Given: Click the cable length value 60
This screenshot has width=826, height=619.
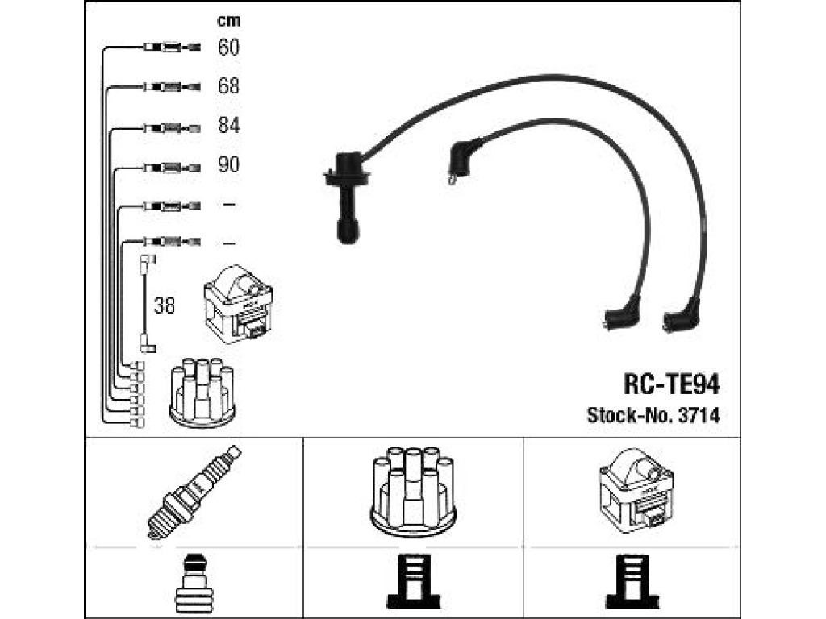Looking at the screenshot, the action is coord(228,48).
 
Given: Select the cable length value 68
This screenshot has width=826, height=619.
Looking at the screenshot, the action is coord(228,85).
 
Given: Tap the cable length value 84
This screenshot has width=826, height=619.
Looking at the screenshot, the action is coord(228,125).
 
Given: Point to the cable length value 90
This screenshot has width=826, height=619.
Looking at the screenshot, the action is coord(228,164).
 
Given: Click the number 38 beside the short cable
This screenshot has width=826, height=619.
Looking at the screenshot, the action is coord(165,305).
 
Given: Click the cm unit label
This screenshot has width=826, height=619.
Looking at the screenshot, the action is coord(228,20).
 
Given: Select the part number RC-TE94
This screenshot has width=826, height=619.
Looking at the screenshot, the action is coord(672,384).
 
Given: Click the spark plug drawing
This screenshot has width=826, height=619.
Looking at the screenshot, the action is coord(194,492).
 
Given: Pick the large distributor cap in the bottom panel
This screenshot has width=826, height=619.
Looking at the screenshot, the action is coord(414,492).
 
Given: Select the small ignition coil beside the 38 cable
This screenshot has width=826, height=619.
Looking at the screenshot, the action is coord(238,304).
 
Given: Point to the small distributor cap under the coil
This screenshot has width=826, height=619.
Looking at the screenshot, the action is coord(202,392).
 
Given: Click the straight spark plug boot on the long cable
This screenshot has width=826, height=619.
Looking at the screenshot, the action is coord(346,197).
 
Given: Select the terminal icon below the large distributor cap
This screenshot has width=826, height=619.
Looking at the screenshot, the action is coord(414,584).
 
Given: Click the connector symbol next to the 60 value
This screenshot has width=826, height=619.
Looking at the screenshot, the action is coord(172,48).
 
